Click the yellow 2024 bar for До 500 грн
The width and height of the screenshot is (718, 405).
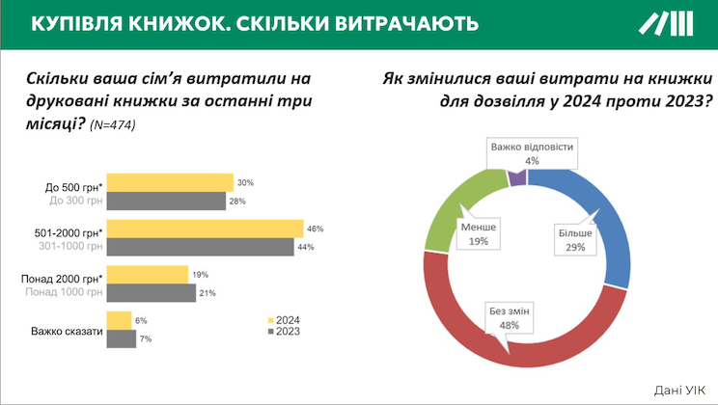pyautogui.click(x=169, y=182)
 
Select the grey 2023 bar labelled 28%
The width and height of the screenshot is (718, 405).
pyautogui.click(x=165, y=201)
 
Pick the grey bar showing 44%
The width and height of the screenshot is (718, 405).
pyautogui.click(x=199, y=247)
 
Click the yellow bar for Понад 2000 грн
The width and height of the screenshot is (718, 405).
pyautogui.click(x=147, y=275)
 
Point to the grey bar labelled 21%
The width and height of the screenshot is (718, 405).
pyautogui.click(x=150, y=293)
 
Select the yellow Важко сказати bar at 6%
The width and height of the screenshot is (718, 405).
pyautogui.click(x=118, y=321)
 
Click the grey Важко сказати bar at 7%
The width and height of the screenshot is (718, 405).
pyautogui.click(x=121, y=339)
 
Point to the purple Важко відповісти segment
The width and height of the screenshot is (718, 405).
pyautogui.click(x=516, y=175)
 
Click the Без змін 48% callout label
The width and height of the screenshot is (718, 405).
pyautogui.click(x=509, y=317)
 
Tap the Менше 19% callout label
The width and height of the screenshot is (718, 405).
pyautogui.click(x=479, y=233)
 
